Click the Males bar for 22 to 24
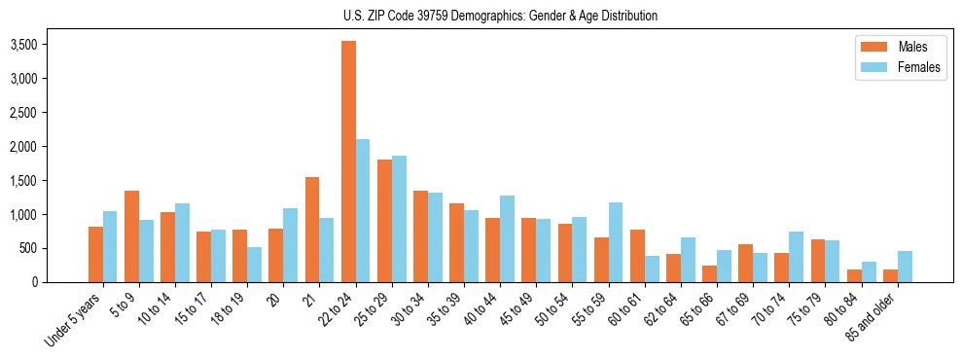point(348,162)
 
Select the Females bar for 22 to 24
point(363,210)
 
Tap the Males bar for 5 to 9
point(131,236)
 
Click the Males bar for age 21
point(312,230)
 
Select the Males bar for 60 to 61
point(637,256)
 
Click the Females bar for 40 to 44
point(507,239)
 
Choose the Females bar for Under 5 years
point(110,246)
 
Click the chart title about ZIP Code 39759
point(500,16)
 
